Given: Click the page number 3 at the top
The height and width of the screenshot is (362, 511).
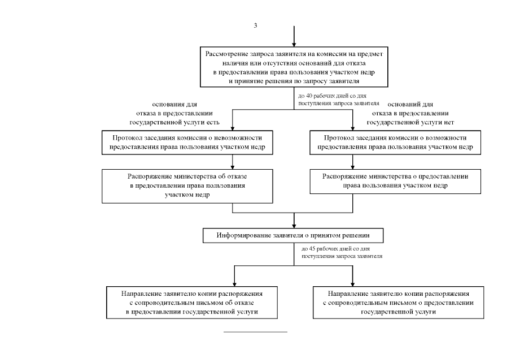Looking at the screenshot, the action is click(x=255, y=25).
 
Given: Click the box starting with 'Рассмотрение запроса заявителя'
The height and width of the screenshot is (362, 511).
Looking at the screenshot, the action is click(x=294, y=67).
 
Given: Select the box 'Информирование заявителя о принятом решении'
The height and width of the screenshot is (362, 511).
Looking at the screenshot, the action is click(x=293, y=235).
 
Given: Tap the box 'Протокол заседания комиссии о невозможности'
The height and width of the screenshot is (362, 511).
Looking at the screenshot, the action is click(x=187, y=143).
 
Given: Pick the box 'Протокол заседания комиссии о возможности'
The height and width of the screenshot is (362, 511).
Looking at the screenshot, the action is click(x=395, y=143).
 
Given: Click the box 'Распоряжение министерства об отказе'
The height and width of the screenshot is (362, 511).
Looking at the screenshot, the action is click(x=187, y=186).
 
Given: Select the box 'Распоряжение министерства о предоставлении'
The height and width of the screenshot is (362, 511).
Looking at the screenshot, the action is click(x=395, y=181).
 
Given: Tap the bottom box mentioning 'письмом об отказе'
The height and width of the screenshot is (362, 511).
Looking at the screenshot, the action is click(x=192, y=303).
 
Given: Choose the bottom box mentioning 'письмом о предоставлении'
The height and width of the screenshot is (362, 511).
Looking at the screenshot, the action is click(x=398, y=303).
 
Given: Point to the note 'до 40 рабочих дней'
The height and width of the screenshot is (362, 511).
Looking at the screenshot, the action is click(x=339, y=100).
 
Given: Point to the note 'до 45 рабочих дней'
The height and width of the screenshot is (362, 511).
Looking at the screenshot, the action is click(x=342, y=252).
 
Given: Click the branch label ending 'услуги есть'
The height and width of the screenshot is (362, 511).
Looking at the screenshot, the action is click(x=174, y=113).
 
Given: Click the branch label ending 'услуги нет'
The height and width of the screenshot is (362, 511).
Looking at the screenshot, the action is click(x=410, y=113).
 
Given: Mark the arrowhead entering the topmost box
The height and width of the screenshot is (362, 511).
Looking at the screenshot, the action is click(x=294, y=44).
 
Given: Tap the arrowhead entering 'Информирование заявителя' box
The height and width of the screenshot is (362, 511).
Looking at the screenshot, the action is click(x=294, y=226).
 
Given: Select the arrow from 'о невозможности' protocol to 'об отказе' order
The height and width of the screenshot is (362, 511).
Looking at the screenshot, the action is click(x=233, y=162).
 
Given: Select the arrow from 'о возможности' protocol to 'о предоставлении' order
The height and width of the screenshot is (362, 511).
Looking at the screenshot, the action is click(x=352, y=162).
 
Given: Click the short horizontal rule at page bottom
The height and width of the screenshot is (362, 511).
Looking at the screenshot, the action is click(x=255, y=332).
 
